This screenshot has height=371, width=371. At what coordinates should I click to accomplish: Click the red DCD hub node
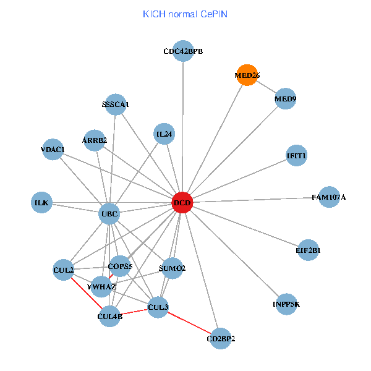click(182, 202)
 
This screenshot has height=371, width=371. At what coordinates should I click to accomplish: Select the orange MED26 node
click(247, 75)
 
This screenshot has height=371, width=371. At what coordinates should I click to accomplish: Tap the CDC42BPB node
click(183, 51)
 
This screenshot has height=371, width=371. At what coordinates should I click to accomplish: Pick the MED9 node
click(285, 98)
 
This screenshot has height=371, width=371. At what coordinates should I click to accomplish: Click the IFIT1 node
click(297, 155)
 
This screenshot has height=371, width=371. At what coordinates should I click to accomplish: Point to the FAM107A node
click(329, 197)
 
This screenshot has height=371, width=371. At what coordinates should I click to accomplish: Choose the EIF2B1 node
click(308, 250)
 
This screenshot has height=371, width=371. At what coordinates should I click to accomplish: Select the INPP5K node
click(286, 304)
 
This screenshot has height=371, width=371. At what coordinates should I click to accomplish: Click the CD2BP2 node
click(221, 338)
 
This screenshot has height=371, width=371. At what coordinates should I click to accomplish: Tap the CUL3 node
click(158, 307)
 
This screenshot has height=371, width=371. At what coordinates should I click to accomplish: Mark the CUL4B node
click(110, 317)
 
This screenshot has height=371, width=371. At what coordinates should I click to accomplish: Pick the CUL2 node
click(64, 270)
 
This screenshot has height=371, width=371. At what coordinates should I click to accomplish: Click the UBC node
click(109, 215)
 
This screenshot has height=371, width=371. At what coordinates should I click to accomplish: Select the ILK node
click(41, 202)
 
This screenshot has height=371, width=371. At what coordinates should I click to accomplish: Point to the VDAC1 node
click(53, 150)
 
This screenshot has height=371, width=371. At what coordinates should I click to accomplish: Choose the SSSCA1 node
click(116, 104)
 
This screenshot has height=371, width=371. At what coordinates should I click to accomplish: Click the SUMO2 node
click(172, 268)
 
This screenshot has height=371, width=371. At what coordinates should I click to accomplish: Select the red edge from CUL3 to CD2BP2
click(189, 322)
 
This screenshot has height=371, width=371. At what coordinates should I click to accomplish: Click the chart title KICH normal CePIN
click(185, 14)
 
